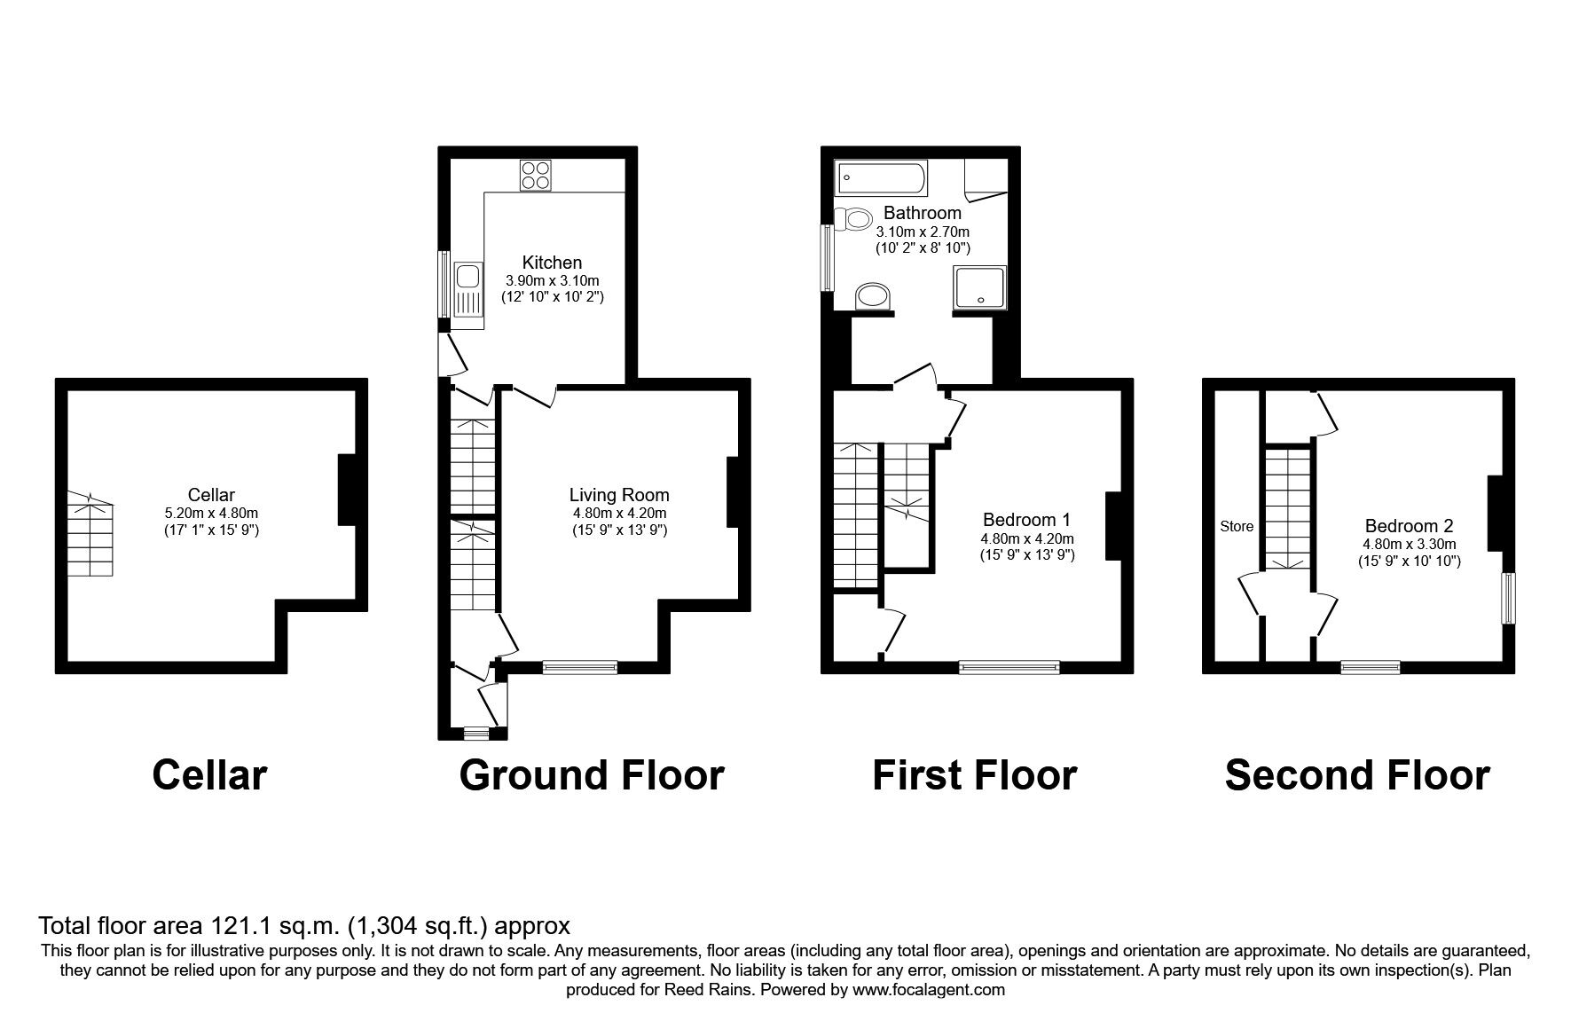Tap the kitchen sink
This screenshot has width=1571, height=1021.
click(x=467, y=289)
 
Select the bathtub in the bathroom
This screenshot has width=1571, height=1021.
click(x=881, y=177)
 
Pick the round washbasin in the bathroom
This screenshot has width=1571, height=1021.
click(x=874, y=296)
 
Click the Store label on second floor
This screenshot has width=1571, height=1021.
click(x=1237, y=526)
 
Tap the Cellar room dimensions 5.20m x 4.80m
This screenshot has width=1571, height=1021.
click(x=211, y=513)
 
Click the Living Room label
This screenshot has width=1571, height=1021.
click(x=619, y=495)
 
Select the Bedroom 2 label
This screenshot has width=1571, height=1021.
click(x=1409, y=526)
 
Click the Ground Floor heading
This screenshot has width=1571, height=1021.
click(x=592, y=774)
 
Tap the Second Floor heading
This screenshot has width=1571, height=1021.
click(x=1356, y=774)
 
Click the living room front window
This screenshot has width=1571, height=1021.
click(x=579, y=667)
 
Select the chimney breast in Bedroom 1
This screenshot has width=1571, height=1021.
click(x=1113, y=526)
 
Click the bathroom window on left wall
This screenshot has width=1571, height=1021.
click(x=826, y=257)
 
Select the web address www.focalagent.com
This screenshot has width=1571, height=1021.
click(x=929, y=990)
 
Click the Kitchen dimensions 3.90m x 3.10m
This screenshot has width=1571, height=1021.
click(x=552, y=280)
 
